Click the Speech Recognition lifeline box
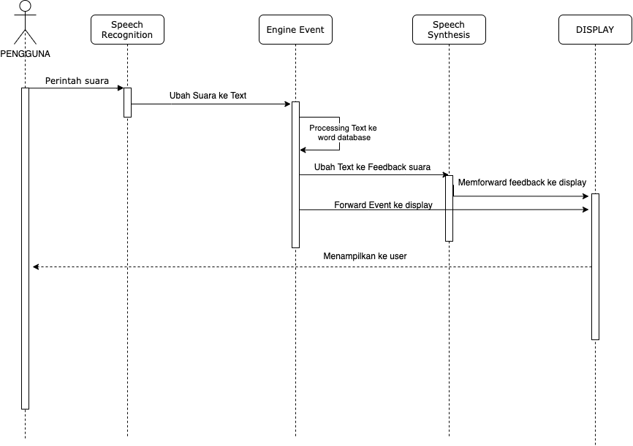click(127, 29)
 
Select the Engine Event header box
click(295, 29)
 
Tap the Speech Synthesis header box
click(449, 29)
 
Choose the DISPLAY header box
click(595, 29)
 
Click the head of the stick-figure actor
click(25, 6)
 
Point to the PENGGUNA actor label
click(25, 53)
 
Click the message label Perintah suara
click(77, 80)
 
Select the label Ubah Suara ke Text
click(208, 96)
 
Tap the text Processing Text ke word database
click(343, 133)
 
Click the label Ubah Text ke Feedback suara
click(372, 167)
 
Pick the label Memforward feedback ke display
click(522, 182)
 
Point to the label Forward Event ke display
click(383, 205)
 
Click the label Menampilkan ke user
click(365, 256)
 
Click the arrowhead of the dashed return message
click(36, 266)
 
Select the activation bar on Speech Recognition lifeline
click(128, 102)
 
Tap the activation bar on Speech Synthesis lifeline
click(449, 208)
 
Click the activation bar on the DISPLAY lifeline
click(595, 266)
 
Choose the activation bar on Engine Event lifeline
click(295, 174)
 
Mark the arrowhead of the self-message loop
click(303, 150)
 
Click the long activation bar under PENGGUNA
click(25, 248)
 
